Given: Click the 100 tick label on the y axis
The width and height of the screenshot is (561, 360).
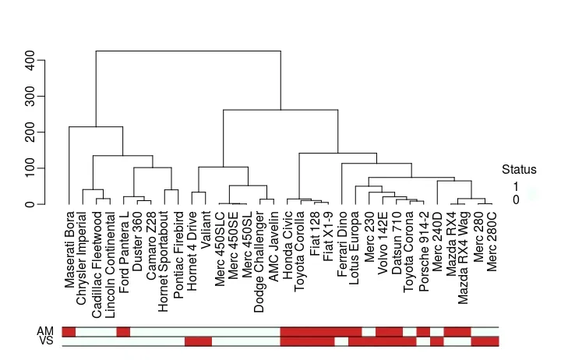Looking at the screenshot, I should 30,168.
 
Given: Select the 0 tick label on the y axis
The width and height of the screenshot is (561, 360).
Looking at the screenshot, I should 30,204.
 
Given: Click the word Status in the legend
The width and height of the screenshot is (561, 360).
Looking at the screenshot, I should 519,169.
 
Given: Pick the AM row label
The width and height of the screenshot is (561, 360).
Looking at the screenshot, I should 45,331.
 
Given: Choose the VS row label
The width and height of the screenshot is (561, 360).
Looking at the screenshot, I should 45,341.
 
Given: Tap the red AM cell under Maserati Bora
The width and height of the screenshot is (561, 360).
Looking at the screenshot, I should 69,332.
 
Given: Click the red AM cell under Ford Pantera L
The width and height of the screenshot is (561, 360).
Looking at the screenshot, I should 123,332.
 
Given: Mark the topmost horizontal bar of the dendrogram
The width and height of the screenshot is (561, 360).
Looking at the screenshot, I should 188,51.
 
